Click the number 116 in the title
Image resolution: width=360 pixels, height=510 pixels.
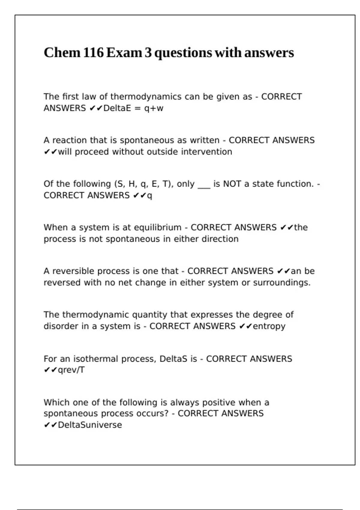93,53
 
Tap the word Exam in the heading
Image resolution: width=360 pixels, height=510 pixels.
124,53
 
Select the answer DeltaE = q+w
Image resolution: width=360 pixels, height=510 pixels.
133,108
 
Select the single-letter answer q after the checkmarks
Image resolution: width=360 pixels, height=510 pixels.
150,196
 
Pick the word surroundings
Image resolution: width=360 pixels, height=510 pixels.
282,283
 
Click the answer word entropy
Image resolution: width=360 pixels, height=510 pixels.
269,326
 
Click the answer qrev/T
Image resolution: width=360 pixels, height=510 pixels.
71,370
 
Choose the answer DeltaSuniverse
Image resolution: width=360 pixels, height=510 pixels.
90,425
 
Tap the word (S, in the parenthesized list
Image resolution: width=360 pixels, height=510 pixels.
120,184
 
